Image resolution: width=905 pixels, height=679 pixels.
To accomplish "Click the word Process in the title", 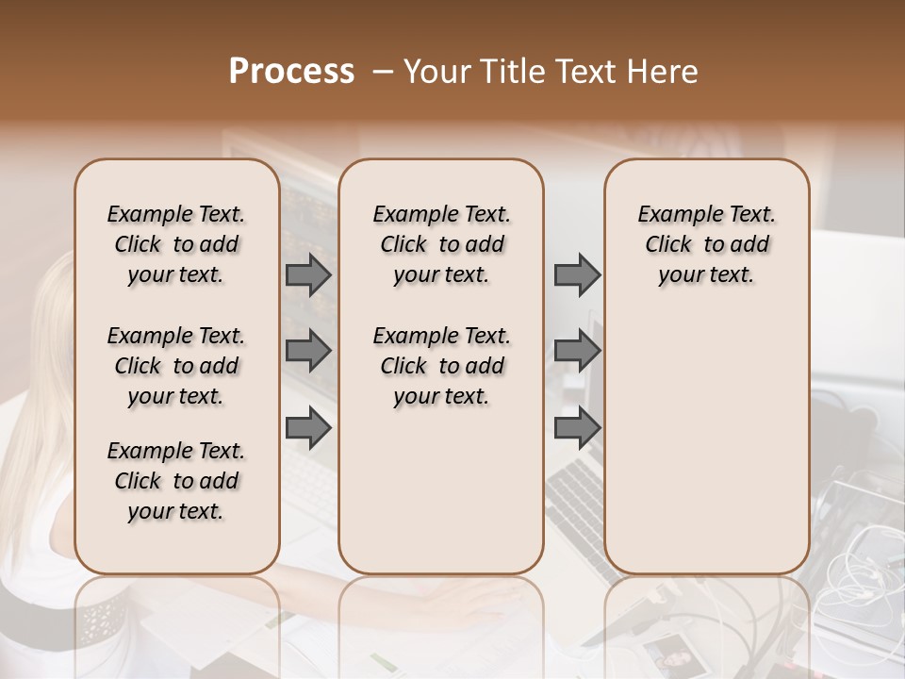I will click(x=291, y=72).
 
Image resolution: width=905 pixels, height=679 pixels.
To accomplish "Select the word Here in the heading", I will click(x=664, y=72).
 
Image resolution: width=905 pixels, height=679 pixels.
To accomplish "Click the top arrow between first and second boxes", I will click(x=308, y=274).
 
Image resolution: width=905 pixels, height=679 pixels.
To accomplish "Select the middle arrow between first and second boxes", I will click(x=308, y=351).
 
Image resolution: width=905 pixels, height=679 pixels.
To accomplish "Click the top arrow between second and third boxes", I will click(x=577, y=274).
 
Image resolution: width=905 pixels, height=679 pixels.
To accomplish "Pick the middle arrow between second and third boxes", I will click(x=577, y=351).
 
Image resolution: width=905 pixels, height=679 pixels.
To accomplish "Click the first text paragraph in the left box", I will click(x=176, y=244).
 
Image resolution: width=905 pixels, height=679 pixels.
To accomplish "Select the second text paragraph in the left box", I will click(x=176, y=366).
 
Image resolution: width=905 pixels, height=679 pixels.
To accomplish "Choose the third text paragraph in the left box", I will click(x=176, y=481).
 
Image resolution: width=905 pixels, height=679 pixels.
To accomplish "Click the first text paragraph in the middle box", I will click(x=441, y=244).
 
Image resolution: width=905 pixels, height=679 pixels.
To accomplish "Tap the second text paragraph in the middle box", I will click(x=441, y=366).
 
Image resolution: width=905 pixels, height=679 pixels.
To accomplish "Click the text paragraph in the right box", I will click(x=706, y=244).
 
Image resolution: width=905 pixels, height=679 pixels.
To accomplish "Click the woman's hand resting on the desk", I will click(x=471, y=599).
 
